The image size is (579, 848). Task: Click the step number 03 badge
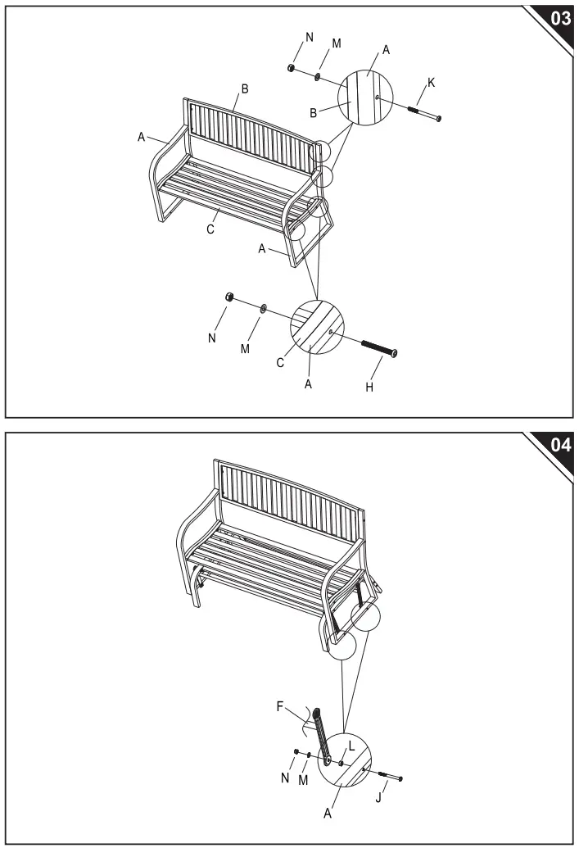click(559, 19)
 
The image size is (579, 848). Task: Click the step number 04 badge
click(559, 448)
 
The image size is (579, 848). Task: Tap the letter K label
click(431, 83)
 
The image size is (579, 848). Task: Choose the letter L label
click(351, 746)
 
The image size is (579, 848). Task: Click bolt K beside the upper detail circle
click(424, 114)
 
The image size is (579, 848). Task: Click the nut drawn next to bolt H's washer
click(230, 297)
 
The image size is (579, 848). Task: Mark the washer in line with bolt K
click(317, 76)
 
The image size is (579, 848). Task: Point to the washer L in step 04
click(342, 762)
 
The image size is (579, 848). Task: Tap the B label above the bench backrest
click(243, 88)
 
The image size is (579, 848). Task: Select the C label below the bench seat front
click(210, 230)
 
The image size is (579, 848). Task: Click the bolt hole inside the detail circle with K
click(376, 97)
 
